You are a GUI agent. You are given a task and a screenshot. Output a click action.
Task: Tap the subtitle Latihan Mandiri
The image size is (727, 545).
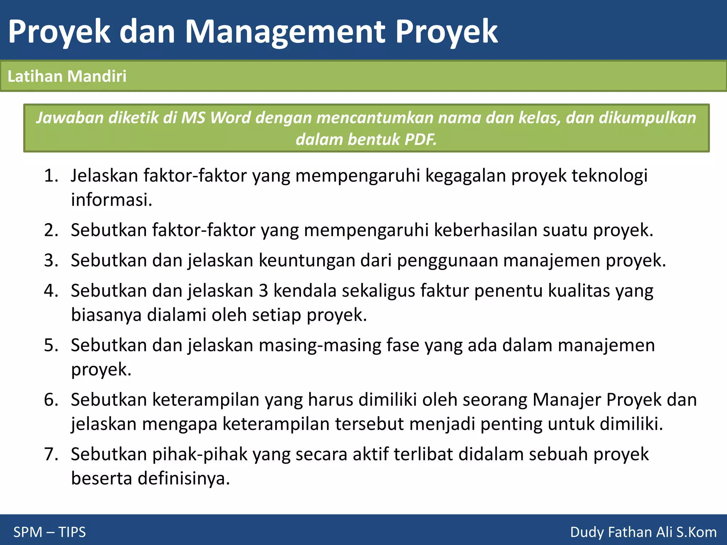click(67, 76)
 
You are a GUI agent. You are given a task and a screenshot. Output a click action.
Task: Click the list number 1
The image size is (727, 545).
click(51, 176)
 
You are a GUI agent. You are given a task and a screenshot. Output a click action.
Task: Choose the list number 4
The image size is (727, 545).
click(51, 291)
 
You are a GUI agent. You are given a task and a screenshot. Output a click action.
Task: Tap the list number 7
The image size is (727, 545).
click(51, 455)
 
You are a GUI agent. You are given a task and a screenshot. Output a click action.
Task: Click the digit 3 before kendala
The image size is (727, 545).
click(263, 291)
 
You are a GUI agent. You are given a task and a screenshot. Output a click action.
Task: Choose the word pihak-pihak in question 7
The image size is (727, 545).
click(199, 455)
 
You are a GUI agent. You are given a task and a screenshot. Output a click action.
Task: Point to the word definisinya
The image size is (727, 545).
click(184, 479)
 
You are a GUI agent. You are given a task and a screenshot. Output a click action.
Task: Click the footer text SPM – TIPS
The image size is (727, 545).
click(49, 532)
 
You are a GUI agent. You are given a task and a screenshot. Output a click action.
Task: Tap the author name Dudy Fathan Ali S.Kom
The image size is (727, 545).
click(643, 532)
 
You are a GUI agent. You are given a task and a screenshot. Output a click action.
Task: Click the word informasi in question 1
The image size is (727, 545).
click(111, 200)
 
